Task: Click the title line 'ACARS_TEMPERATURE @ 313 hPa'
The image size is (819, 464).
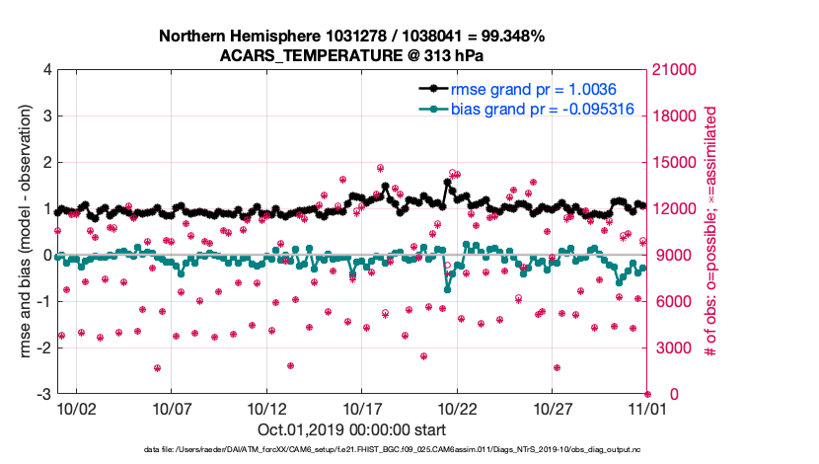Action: click(351, 55)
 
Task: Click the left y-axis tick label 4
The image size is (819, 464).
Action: click(47, 70)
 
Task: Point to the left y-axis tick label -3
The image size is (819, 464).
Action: click(44, 394)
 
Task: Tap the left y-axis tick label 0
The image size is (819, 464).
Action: click(47, 255)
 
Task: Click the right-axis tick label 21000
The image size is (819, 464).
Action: click(678, 70)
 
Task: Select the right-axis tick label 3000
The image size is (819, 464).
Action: click(674, 348)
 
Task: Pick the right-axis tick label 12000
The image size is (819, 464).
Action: click(678, 209)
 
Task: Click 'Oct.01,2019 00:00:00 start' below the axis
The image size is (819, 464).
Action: click(351, 430)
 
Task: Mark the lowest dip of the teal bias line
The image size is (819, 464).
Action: click(448, 289)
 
